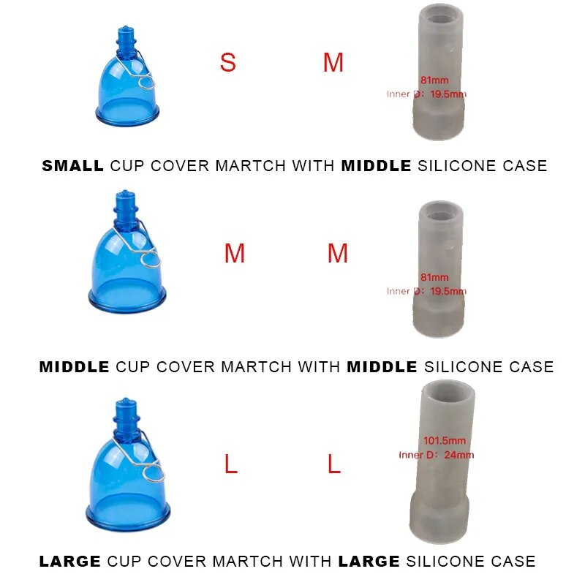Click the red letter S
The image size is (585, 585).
(227, 62)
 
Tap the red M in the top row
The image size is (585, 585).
(333, 62)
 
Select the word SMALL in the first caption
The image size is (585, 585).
(72, 166)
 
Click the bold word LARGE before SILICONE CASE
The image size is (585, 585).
(369, 561)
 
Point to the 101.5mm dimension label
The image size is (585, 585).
(445, 441)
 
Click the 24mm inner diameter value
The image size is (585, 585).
(459, 455)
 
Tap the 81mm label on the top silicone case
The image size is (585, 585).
(434, 80)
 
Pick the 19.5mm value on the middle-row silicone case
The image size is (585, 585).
(448, 291)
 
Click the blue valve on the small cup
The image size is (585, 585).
(126, 42)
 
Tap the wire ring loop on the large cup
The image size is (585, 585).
(153, 472)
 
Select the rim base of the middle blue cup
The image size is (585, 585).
(127, 298)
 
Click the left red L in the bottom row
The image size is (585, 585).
(231, 464)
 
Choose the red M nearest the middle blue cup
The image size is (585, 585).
(234, 253)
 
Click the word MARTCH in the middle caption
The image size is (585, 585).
(256, 367)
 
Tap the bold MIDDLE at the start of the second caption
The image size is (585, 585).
(75, 367)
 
